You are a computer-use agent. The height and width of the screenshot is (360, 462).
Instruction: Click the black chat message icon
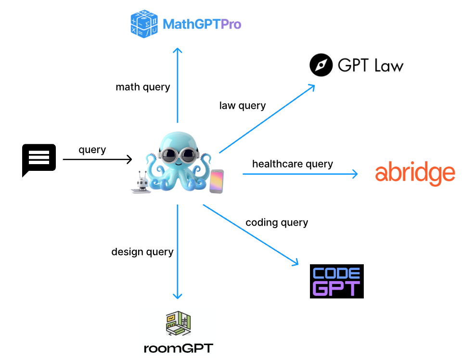pos(39,159)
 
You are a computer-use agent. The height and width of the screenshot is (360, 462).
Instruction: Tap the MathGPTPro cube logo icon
pos(144,23)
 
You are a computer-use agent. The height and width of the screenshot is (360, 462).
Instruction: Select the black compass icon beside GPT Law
pos(321,65)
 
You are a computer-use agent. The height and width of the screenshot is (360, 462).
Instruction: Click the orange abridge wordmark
pos(415,173)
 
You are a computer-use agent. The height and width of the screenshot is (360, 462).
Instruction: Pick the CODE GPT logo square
pos(336,281)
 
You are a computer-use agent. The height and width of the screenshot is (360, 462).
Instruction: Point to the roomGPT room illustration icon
pos(178,323)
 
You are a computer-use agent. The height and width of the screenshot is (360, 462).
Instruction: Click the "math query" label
pos(142,87)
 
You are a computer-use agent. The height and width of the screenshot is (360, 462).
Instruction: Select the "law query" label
pos(242,105)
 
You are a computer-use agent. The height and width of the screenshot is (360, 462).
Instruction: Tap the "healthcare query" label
pos(292,164)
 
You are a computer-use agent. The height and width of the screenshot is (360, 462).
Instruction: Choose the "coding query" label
pos(277,222)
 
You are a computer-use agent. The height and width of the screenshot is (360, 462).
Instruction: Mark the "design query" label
pos(142,252)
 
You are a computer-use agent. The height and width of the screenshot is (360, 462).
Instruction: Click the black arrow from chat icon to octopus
pos(96,159)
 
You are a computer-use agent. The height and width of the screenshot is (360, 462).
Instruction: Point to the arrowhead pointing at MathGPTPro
pos(178,50)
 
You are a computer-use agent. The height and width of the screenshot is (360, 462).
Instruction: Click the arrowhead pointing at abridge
pos(355,174)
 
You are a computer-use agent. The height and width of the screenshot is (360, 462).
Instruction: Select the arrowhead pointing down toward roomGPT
pos(178,296)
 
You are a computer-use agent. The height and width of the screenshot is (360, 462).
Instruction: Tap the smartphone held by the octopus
pos(217,181)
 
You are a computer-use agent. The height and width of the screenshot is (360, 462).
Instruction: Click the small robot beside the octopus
pos(141,182)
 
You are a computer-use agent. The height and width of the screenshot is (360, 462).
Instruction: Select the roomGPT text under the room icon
pos(178,348)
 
